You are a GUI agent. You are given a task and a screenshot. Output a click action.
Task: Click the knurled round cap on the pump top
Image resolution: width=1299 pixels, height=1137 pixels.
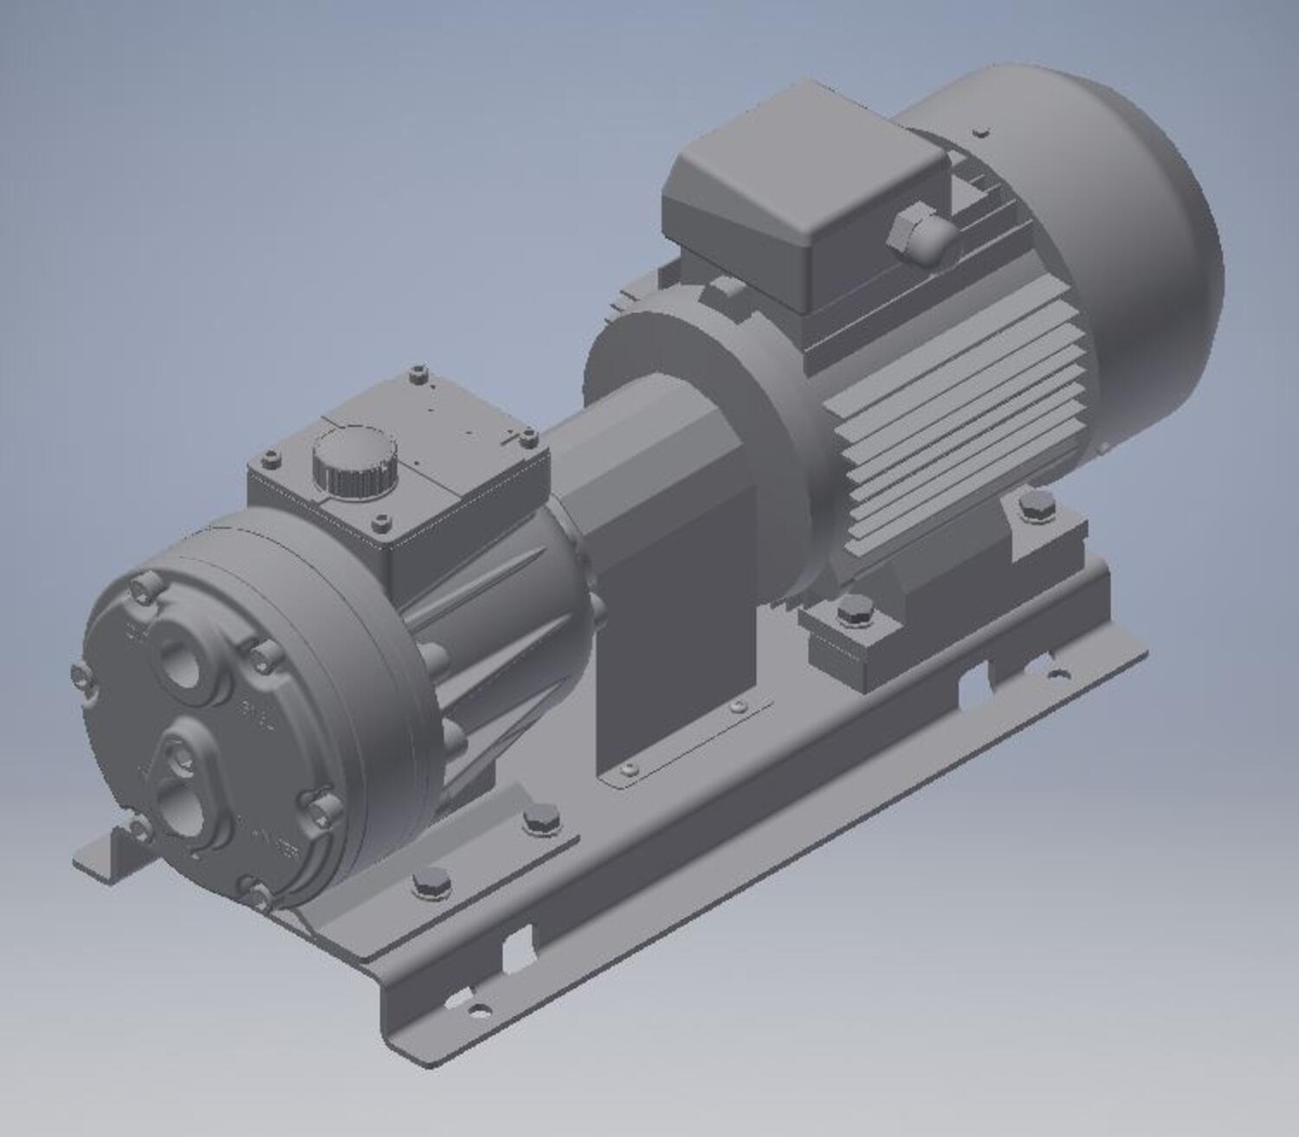(355, 461)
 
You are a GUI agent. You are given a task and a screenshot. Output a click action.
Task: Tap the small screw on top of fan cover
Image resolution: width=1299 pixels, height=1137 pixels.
(980, 132)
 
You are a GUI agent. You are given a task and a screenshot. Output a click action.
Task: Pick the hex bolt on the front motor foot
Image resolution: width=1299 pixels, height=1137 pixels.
(854, 613)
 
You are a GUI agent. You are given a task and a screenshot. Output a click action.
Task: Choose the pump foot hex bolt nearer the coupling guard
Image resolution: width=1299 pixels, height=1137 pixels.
(541, 817)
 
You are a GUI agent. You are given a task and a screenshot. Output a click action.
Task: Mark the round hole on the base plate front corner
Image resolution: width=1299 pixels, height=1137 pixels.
(477, 1009)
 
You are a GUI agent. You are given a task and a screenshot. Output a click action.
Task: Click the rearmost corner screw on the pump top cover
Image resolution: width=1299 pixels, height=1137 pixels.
(419, 373)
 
